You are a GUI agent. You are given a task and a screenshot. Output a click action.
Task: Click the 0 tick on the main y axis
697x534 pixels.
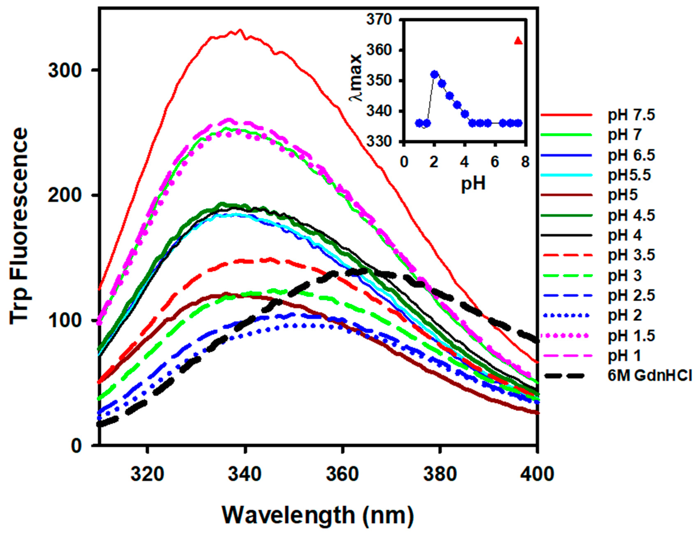point(76,445)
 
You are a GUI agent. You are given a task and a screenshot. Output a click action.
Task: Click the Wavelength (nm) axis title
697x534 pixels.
point(318,515)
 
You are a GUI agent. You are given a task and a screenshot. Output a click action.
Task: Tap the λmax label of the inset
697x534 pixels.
point(356,78)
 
